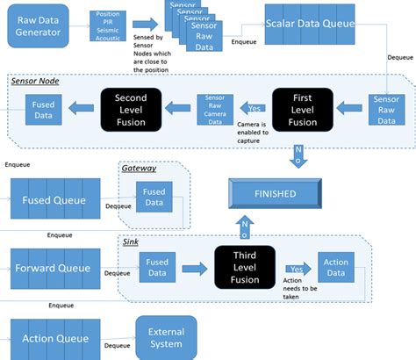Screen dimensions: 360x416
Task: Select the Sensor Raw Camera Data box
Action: [x=219, y=108]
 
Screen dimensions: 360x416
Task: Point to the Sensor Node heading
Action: [x=34, y=80]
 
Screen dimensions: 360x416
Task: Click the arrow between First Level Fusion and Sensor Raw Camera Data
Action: [x=255, y=108]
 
